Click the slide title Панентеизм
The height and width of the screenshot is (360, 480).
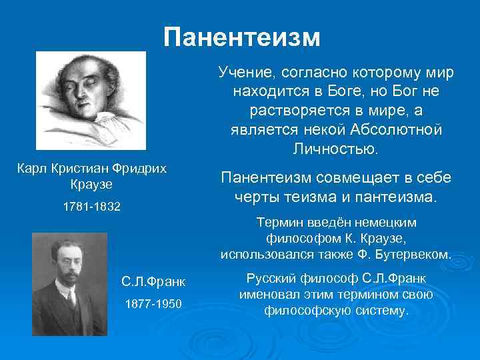coord(242,37)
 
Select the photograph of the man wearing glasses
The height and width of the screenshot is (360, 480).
coord(67,283)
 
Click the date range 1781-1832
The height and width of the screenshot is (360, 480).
coord(91,207)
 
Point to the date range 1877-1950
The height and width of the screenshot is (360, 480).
coord(153,304)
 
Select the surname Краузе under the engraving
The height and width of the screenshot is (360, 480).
coord(91,183)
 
